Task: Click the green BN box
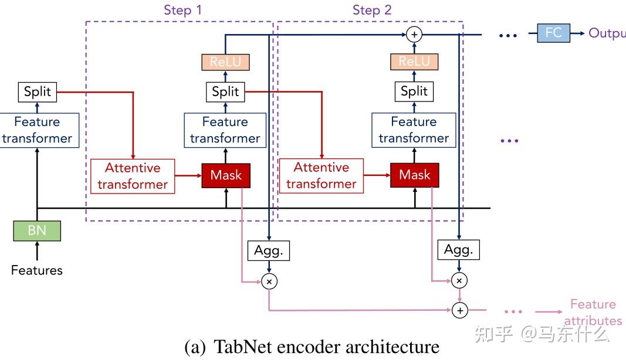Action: [x=37, y=230]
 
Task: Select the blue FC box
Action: [x=553, y=33]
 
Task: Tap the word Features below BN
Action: [x=37, y=270]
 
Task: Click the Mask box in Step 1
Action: [x=226, y=175]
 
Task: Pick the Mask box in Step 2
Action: [x=415, y=175]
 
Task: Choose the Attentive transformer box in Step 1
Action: [x=133, y=176]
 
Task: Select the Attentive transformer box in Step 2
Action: [x=322, y=176]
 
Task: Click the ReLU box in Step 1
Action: [x=226, y=62]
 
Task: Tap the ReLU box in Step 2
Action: [x=415, y=62]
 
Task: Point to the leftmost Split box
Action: [x=38, y=91]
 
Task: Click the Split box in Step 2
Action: [x=415, y=91]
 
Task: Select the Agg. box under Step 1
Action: [x=269, y=250]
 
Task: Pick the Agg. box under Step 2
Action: [x=459, y=250]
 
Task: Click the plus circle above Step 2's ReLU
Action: [x=415, y=35]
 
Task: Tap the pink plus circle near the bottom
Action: [x=460, y=310]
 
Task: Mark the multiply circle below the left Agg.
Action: [x=269, y=281]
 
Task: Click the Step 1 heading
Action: [x=183, y=10]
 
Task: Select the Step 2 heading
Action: [x=372, y=10]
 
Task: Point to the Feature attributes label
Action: [x=593, y=312]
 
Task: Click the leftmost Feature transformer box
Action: [x=38, y=130]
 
